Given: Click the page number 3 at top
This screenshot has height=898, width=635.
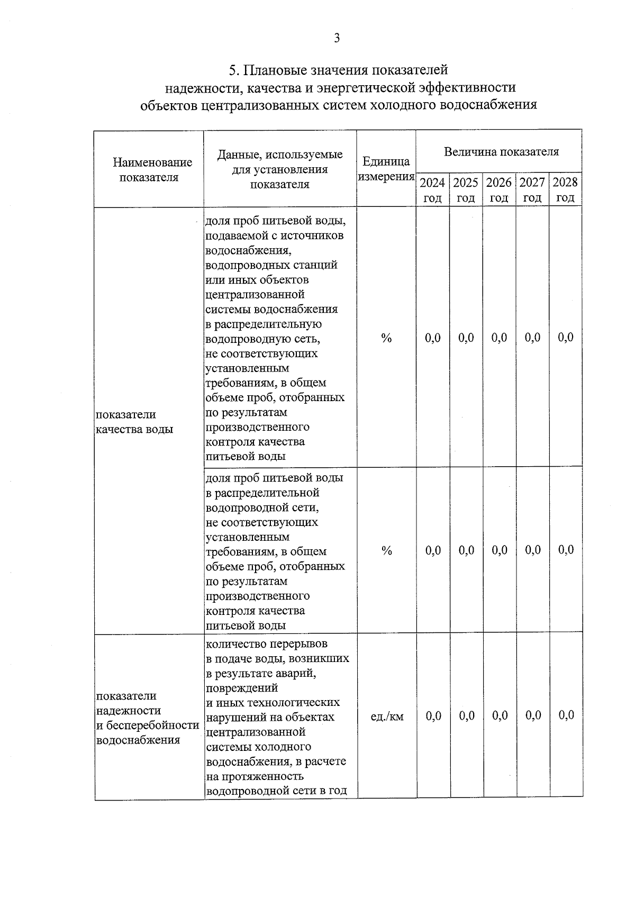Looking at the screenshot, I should point(337,38).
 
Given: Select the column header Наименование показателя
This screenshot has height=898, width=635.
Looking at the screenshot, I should point(149,170).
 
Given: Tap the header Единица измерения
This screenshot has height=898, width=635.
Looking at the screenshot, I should point(386,169).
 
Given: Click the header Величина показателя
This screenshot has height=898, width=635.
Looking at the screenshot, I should point(501,152).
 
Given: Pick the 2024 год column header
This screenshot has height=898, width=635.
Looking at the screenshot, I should point(432,190).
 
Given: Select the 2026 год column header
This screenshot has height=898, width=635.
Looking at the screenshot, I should point(499,190).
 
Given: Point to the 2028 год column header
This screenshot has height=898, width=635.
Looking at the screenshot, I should point(565,190).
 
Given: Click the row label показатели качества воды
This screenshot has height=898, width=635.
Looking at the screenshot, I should point(134,422).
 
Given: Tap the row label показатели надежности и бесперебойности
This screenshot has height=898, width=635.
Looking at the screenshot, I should point(147,718).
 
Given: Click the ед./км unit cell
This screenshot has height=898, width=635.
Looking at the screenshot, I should point(387,716).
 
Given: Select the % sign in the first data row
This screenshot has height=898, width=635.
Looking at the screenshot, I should point(386,338).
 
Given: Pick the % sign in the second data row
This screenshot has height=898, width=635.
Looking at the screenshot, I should point(387,551).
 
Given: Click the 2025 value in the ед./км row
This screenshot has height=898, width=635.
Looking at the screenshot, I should point(467,716).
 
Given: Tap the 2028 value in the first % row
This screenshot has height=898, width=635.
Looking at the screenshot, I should point(566,338).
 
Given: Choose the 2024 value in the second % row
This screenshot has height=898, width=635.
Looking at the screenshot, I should point(433,550).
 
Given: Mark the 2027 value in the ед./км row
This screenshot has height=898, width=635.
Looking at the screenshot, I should point(533,716).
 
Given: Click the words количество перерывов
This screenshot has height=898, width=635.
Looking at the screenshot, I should point(267,644).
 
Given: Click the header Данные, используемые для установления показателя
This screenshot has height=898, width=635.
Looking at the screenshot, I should point(280,169).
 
